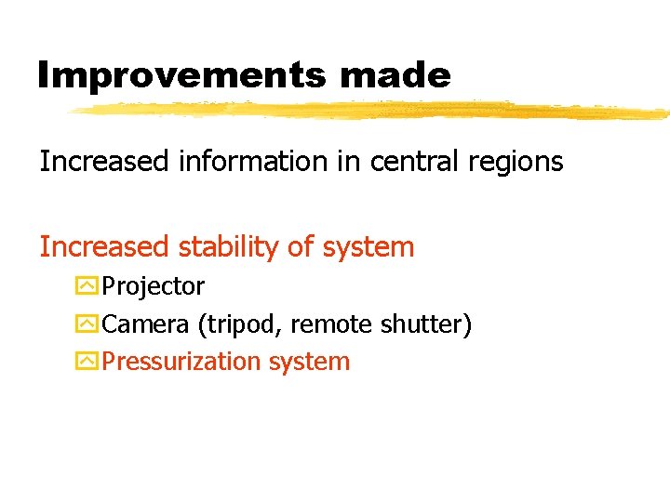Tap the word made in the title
pos(407,75)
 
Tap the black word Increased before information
pos(104,162)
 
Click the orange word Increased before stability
pos(104,247)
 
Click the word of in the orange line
pos(300,247)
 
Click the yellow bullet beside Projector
pos(87,286)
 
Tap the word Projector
pos(154,287)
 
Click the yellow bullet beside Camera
pos(87,324)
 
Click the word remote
pos(332,324)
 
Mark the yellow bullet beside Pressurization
pos(87,362)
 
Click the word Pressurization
pos(182,362)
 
